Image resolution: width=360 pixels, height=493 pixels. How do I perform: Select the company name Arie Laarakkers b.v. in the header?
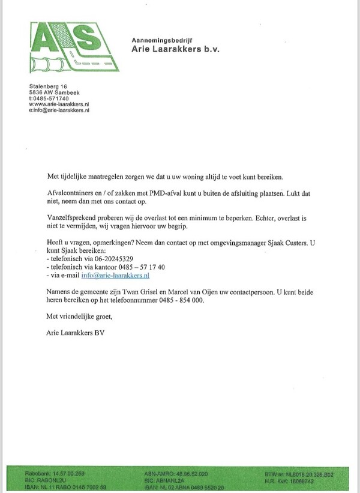[176, 49]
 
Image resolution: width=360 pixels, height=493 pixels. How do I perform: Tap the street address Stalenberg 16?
[49, 86]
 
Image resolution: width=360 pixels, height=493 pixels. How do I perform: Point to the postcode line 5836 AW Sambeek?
[54, 92]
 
